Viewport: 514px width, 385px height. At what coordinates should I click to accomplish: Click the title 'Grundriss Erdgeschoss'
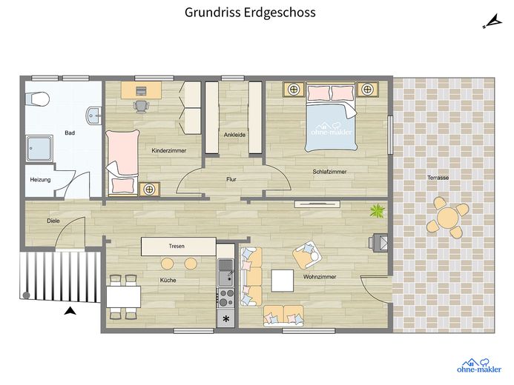[x=250, y=13]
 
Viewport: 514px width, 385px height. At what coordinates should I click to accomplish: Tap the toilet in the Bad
[x=37, y=98]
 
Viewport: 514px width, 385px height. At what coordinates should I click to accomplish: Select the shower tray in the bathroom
[x=39, y=149]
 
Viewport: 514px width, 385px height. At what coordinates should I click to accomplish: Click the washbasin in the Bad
[x=94, y=116]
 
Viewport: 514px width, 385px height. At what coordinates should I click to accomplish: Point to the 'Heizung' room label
[x=40, y=180]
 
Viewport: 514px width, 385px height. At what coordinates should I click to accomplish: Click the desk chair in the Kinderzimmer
[x=141, y=107]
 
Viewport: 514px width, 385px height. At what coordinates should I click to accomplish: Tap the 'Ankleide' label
[x=234, y=135]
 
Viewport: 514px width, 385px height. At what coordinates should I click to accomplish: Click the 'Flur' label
[x=231, y=179]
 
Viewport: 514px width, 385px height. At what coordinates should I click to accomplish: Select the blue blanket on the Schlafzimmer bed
[x=331, y=127]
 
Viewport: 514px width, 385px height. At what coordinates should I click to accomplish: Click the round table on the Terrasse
[x=448, y=217]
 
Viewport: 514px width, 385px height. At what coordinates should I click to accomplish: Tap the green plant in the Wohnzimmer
[x=378, y=210]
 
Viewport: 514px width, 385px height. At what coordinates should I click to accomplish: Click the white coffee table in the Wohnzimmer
[x=283, y=281]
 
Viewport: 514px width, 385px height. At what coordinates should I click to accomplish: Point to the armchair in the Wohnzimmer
[x=307, y=255]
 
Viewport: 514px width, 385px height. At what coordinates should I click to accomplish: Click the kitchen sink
[x=226, y=272]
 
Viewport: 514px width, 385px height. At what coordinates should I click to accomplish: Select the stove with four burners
[x=226, y=298]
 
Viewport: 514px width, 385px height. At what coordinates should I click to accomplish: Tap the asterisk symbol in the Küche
[x=226, y=318]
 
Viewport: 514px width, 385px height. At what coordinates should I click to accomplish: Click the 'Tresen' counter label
[x=177, y=246]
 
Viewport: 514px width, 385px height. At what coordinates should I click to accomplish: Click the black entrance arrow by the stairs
[x=70, y=311]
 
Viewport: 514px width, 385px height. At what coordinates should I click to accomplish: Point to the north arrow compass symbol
[x=492, y=21]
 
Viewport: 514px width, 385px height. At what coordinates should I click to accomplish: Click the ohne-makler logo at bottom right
[x=479, y=366]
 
